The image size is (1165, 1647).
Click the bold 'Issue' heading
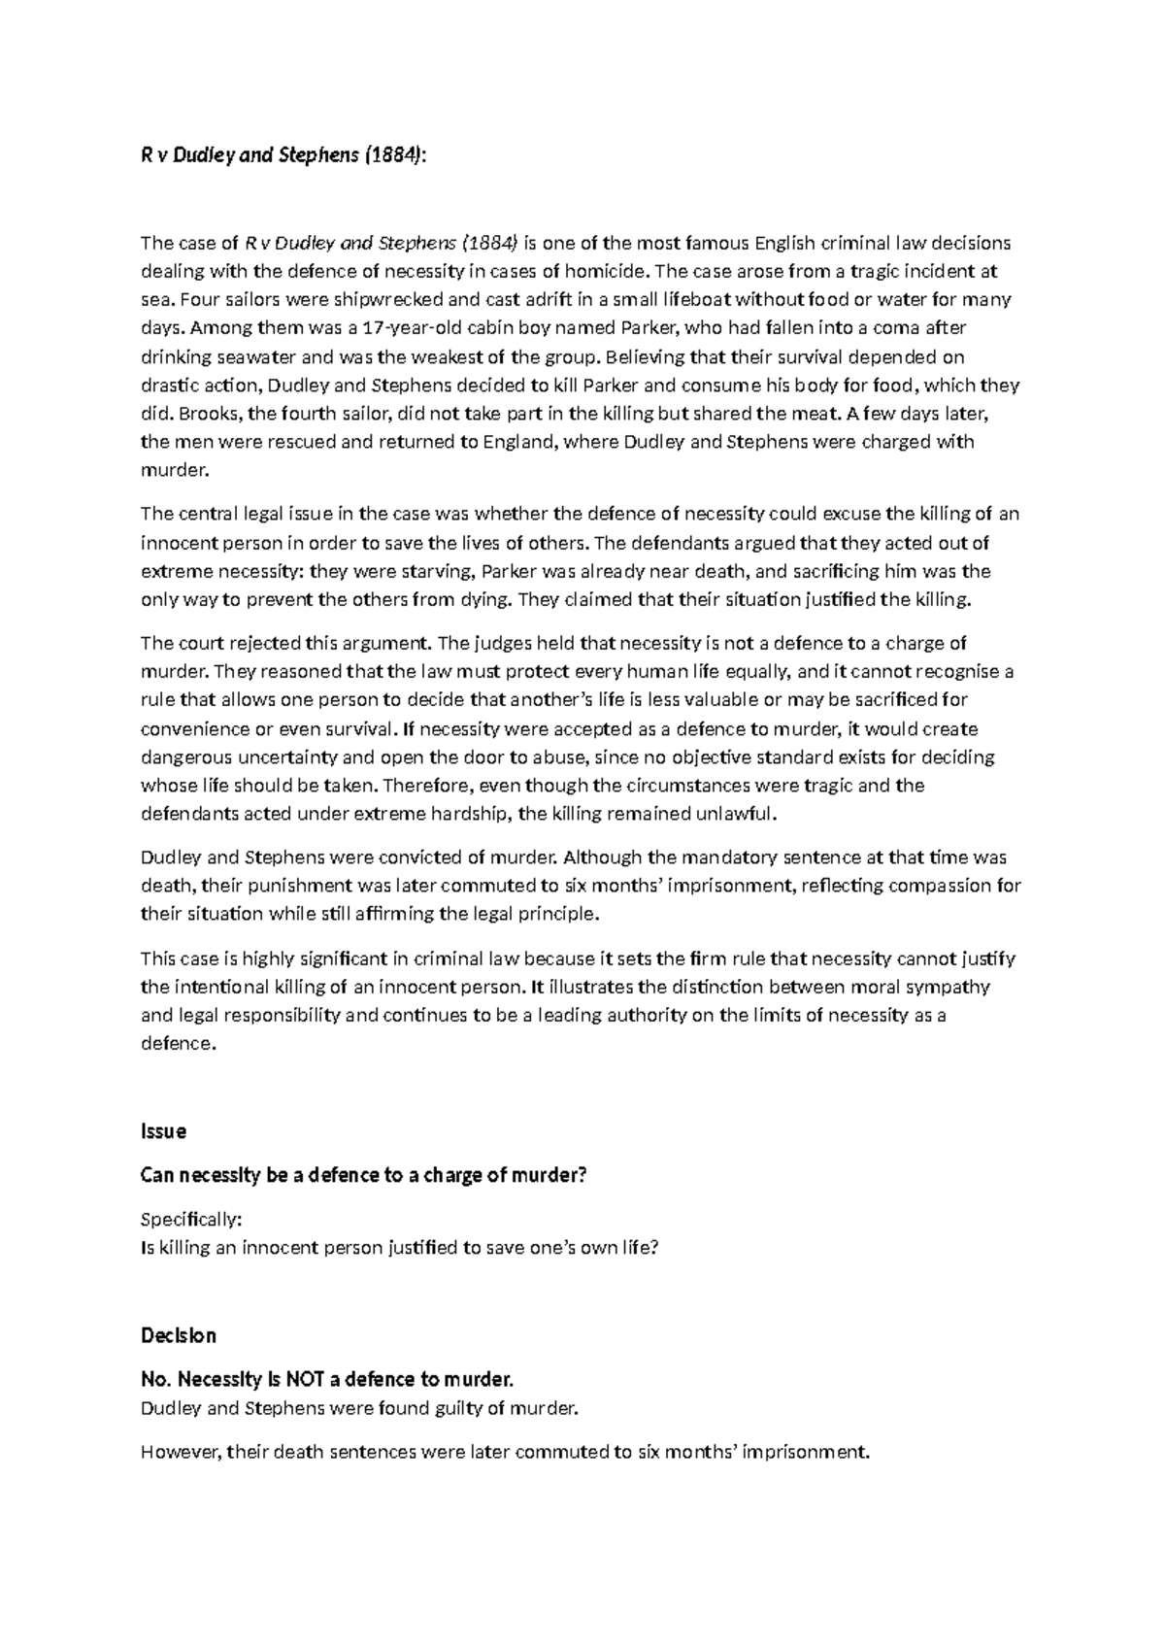163,1131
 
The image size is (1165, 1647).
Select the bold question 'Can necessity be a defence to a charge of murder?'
364,1175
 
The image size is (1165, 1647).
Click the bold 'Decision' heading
179,1335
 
